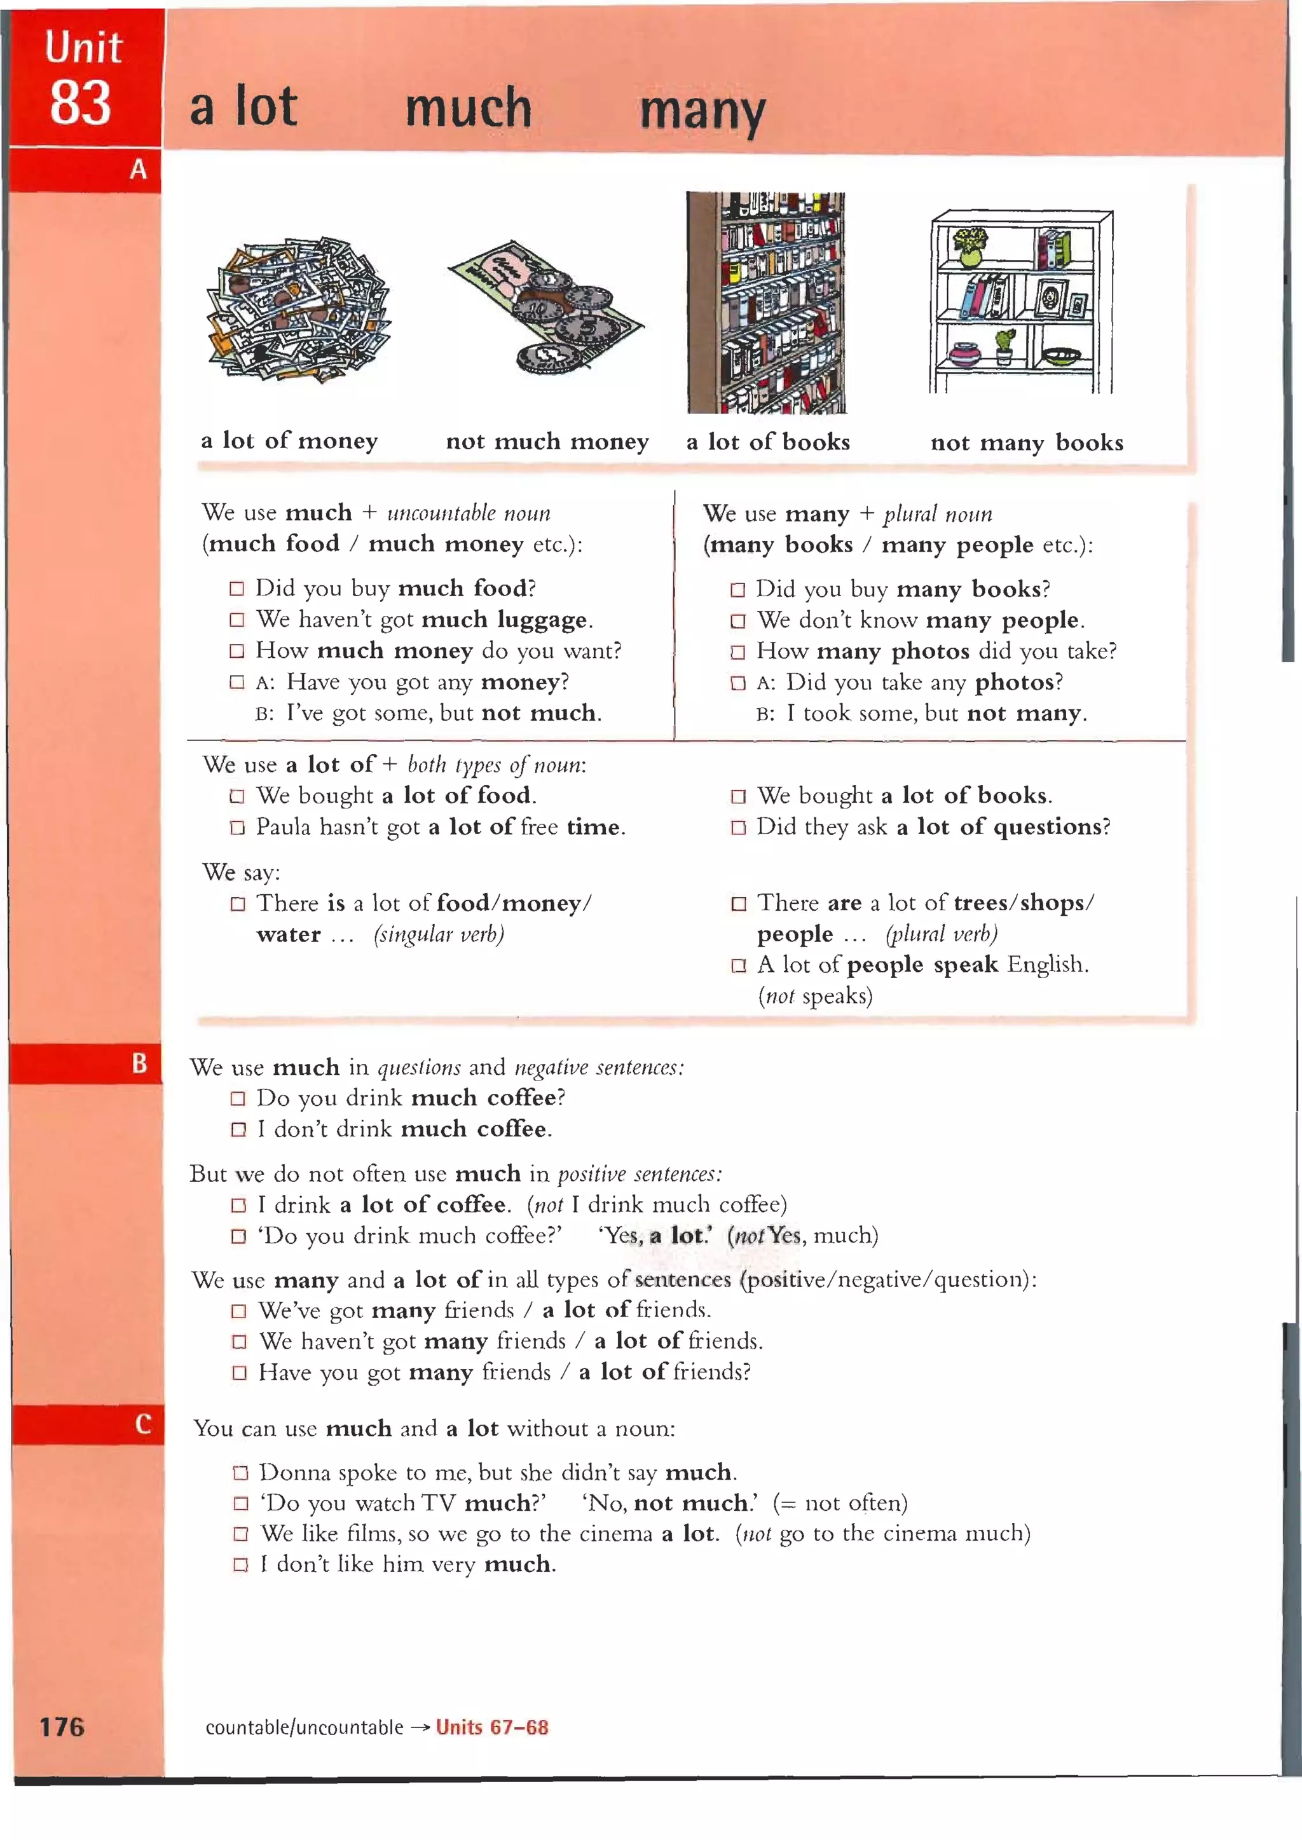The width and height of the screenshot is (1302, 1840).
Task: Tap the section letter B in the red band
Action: (139, 1063)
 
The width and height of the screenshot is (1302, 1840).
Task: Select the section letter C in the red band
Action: (142, 1424)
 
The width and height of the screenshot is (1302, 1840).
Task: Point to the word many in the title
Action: (702, 111)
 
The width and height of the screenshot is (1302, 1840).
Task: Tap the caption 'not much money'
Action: (547, 442)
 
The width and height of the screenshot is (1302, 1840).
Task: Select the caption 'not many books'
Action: (1026, 442)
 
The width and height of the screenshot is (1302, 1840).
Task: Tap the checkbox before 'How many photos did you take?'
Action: (737, 652)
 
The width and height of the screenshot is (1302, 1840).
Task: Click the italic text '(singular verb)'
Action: (439, 934)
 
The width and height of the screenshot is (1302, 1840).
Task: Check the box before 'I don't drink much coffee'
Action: (238, 1130)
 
